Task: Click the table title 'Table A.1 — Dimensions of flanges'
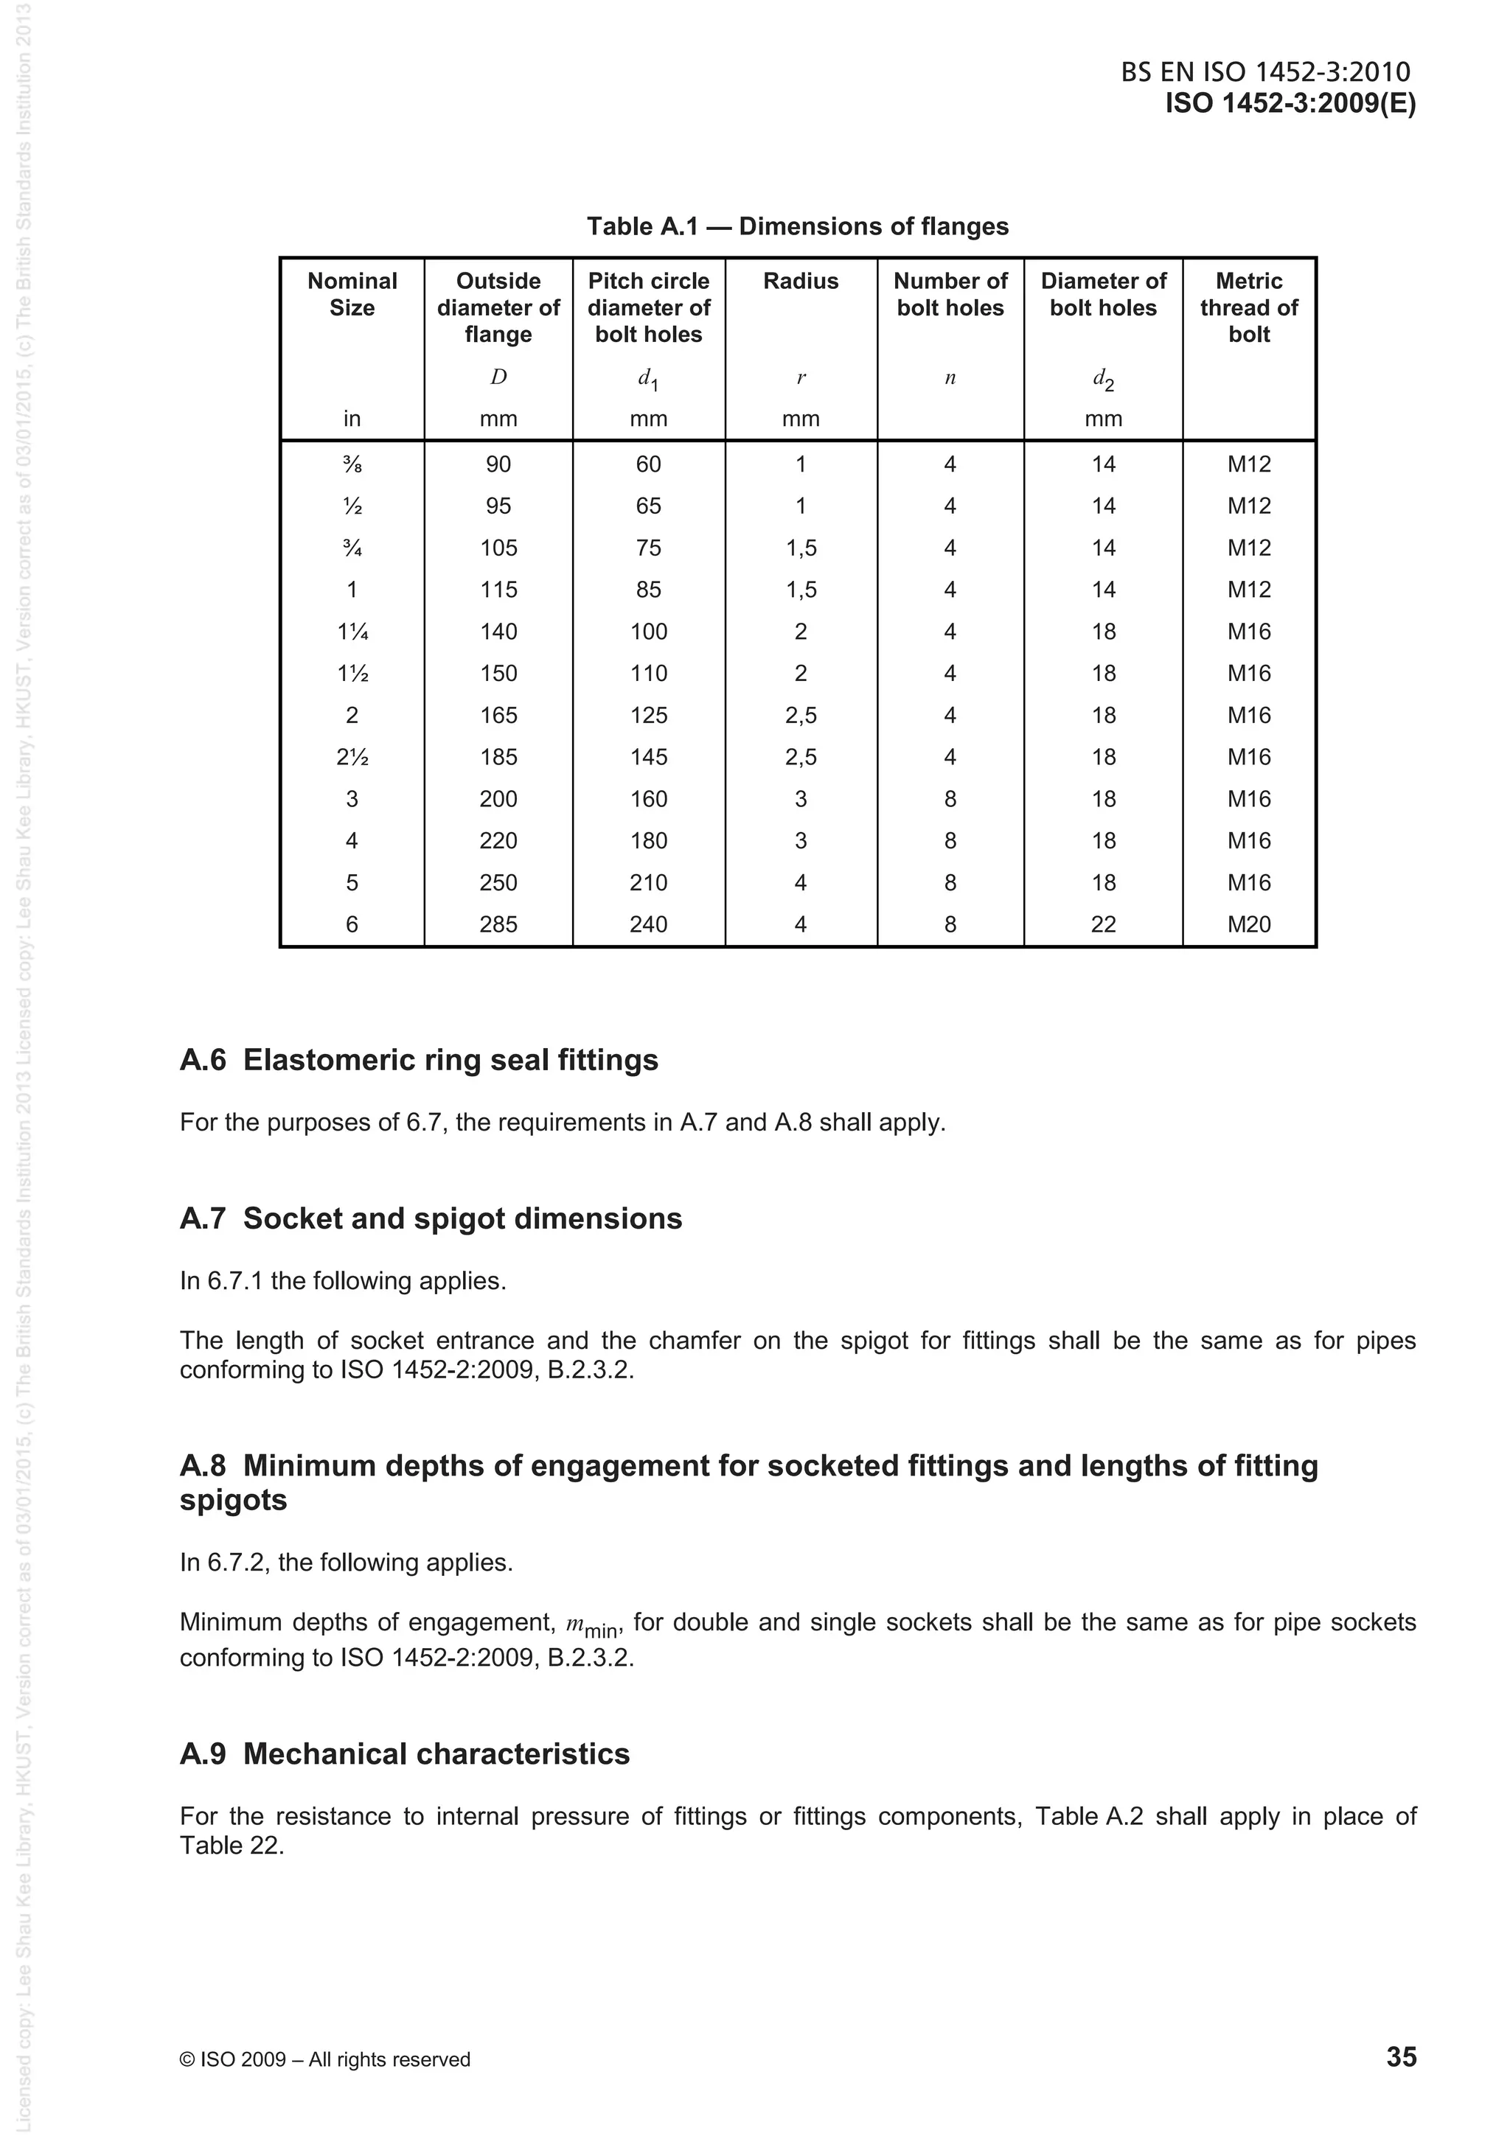point(797,226)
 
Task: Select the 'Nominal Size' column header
point(352,294)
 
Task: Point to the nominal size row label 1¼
point(352,632)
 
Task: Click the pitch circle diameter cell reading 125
point(649,716)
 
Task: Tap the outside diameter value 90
point(498,464)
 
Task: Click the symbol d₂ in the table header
point(1104,379)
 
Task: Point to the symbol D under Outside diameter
point(498,377)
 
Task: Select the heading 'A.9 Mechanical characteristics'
point(405,1753)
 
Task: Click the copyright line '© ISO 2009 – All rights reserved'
point(324,2059)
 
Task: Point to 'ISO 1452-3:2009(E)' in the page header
point(1290,103)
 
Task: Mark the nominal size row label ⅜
point(352,464)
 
